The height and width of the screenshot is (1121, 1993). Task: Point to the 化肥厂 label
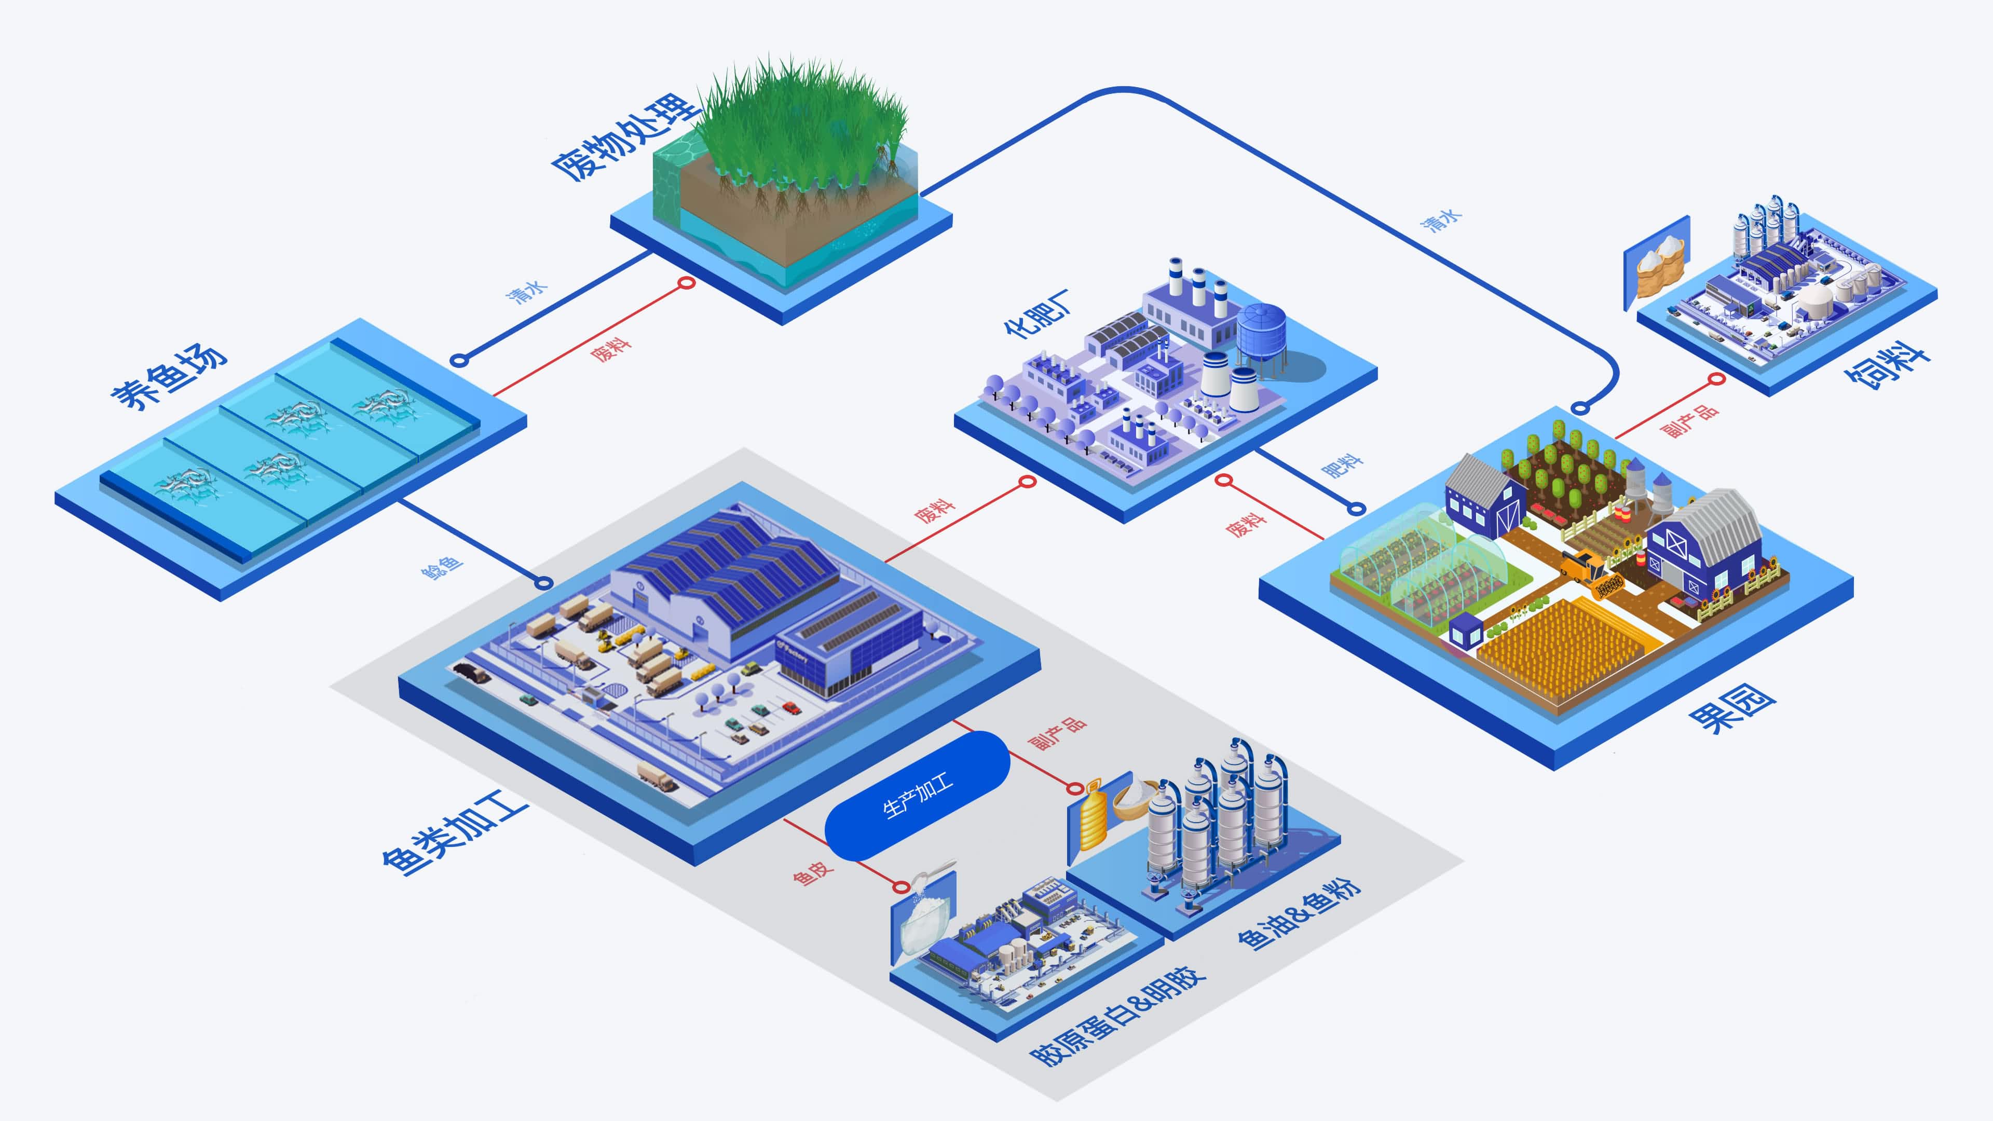click(1037, 313)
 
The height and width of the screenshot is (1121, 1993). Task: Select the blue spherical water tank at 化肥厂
click(1261, 329)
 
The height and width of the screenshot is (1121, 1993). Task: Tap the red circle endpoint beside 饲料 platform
click(1717, 379)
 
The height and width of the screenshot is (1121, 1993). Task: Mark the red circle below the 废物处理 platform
click(686, 283)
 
